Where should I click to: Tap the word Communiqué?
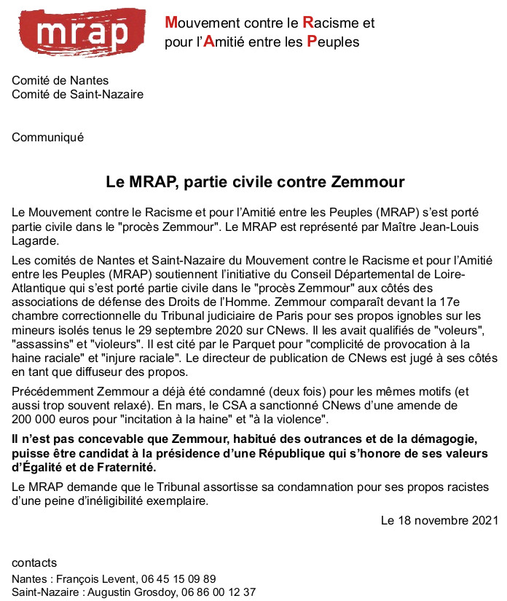tap(48, 137)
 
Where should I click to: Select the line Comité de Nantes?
tap(60, 81)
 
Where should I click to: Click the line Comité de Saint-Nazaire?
tap(77, 94)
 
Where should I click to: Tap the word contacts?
tap(34, 563)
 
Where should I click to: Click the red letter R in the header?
tap(307, 23)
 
